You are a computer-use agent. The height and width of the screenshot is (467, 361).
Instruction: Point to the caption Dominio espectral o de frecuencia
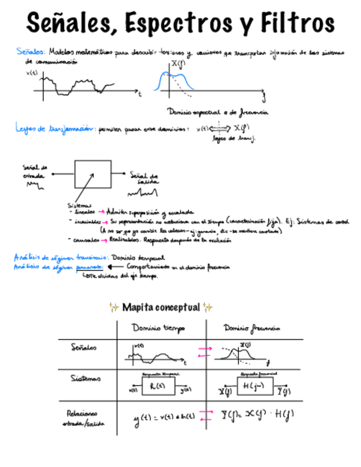[x=218, y=112]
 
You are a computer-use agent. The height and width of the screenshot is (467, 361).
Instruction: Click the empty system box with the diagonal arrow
[x=92, y=174]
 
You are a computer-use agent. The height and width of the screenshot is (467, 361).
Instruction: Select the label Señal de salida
[x=144, y=178]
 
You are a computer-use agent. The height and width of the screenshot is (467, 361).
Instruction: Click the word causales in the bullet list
[x=85, y=240]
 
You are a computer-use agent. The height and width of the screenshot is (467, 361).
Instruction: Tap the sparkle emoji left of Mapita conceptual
[x=114, y=307]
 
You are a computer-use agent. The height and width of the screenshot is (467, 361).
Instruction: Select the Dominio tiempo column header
[x=159, y=328]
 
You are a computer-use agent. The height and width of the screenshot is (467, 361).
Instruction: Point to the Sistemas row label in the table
[x=85, y=379]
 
